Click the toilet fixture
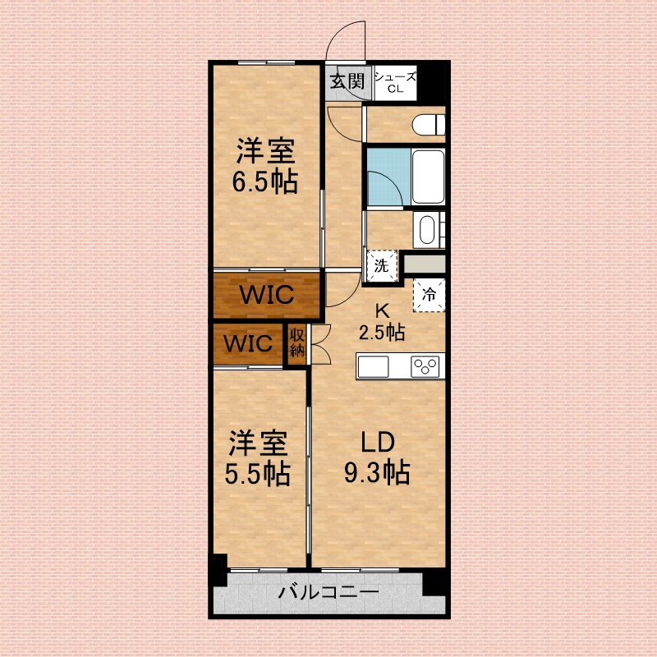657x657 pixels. tap(428, 125)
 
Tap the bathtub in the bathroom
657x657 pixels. tap(428, 177)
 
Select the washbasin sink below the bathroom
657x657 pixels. tap(427, 230)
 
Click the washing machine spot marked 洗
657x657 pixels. tap(381, 265)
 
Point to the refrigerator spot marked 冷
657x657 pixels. tap(429, 295)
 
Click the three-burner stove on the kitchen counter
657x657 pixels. tap(425, 366)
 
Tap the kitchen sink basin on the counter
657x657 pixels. tap(373, 366)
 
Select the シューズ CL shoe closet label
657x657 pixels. tap(395, 83)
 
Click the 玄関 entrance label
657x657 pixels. tap(347, 81)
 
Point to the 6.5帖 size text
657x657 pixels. tap(264, 181)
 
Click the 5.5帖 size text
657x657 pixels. tap(257, 474)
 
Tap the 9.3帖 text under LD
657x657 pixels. tap(377, 473)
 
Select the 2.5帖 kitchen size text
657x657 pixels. tap(382, 333)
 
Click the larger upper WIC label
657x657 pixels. tap(266, 295)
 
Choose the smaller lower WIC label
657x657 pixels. tap(248, 343)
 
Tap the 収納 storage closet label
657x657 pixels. tap(297, 343)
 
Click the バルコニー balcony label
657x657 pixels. tap(328, 592)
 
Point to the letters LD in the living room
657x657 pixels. tap(378, 443)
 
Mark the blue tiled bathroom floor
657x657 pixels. tap(388, 177)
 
